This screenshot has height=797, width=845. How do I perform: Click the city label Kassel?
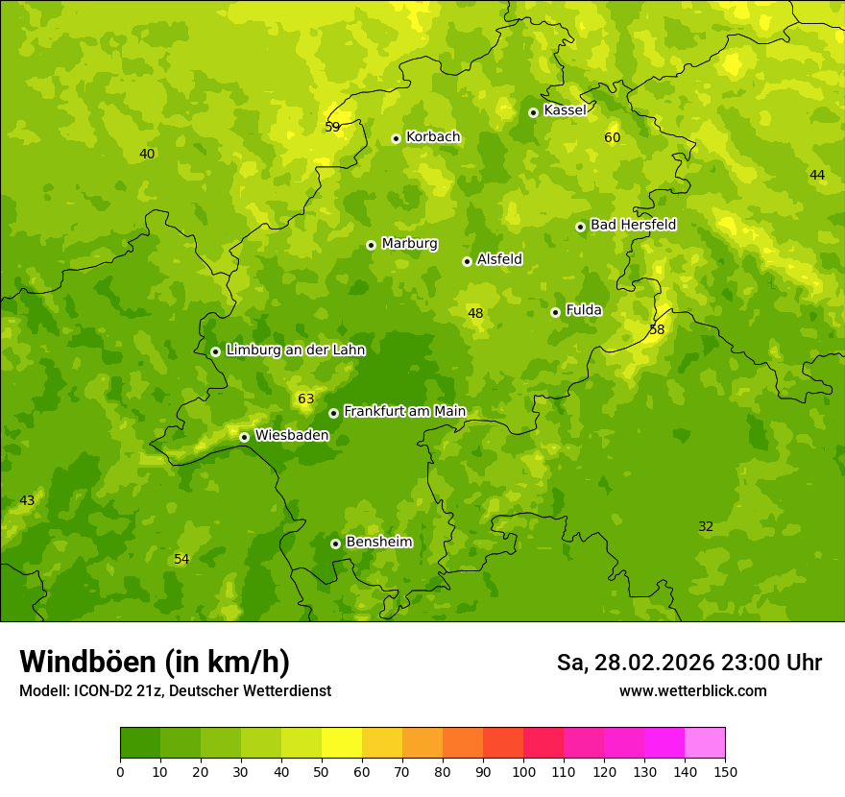tap(565, 110)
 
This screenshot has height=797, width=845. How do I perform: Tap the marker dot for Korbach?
tap(396, 138)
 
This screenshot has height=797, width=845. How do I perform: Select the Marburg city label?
tap(409, 244)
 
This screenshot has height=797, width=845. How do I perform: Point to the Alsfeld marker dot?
tap(467, 261)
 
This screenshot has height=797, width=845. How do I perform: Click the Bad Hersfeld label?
tap(633, 225)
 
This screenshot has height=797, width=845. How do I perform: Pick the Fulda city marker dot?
tap(555, 312)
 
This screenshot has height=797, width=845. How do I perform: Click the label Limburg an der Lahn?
tap(295, 350)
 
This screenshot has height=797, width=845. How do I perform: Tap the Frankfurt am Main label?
tap(404, 412)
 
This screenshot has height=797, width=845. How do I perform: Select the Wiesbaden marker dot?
tap(244, 437)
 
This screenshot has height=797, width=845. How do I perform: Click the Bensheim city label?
tap(378, 543)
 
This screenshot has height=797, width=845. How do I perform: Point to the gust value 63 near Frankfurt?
tap(305, 399)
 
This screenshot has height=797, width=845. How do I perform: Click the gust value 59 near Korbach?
tap(332, 127)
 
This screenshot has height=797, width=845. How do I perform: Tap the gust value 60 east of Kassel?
tap(612, 138)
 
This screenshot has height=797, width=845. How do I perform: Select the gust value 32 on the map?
tap(706, 527)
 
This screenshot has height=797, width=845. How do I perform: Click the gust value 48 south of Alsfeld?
tap(475, 313)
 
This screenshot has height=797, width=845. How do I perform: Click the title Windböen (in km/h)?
tap(155, 662)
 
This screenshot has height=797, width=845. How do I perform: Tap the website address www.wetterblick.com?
tap(692, 691)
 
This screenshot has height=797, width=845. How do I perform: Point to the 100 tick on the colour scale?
tap(523, 771)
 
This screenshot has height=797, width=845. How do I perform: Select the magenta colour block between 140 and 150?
tap(705, 743)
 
